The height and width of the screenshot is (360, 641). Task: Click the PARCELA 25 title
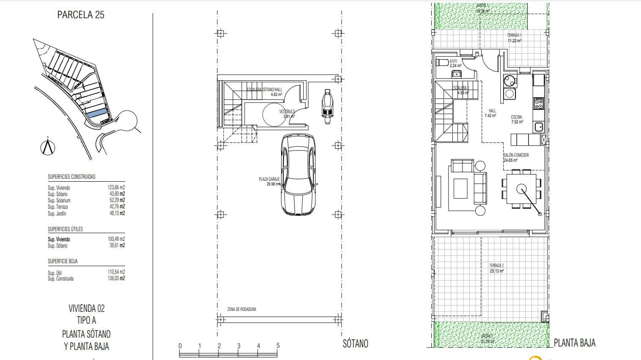[80, 15]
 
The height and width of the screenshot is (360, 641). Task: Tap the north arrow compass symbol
[48, 147]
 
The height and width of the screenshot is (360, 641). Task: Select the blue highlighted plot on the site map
[96, 114]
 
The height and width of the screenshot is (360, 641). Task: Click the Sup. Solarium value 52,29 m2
[116, 200]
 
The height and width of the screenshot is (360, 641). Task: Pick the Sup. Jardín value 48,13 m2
[116, 213]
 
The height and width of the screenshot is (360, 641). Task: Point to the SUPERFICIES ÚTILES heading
[65, 229]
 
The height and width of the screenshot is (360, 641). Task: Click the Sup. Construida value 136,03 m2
[116, 278]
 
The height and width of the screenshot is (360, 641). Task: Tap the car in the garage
[298, 174]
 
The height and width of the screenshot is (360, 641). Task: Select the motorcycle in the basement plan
[326, 106]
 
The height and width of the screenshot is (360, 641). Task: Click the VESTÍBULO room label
[287, 112]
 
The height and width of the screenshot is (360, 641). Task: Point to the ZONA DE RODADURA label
[241, 309]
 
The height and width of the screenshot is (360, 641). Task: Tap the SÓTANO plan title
[355, 344]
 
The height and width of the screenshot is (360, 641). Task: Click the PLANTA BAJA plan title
[574, 343]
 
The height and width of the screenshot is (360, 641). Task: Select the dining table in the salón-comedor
[520, 188]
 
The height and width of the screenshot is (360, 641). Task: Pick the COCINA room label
[516, 117]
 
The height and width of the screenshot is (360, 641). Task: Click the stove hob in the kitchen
[539, 103]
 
